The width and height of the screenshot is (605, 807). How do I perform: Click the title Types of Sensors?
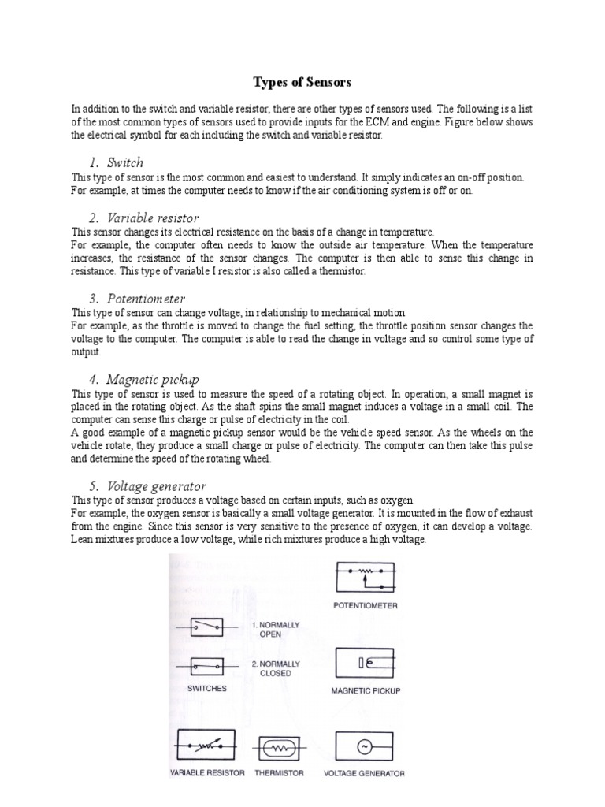tap(302, 82)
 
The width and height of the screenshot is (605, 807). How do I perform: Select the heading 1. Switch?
tap(116, 163)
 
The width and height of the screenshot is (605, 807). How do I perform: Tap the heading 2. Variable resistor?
tap(143, 218)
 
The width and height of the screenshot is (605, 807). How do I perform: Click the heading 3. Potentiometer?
tap(136, 299)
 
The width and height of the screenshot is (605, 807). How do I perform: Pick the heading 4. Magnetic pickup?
tap(143, 379)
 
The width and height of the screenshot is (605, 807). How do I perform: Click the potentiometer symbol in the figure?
tap(365, 578)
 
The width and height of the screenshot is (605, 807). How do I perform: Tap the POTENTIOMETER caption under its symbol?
tap(365, 606)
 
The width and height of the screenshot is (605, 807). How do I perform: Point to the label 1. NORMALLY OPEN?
tap(276, 629)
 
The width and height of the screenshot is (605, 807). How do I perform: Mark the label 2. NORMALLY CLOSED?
tap(276, 668)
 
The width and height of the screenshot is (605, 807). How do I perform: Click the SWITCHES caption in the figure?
tap(207, 688)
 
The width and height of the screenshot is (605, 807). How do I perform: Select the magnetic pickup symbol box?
tap(365, 664)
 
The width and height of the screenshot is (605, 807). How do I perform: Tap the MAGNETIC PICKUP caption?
tap(365, 691)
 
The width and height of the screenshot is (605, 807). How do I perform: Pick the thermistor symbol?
tap(278, 747)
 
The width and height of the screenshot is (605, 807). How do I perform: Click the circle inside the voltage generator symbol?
tap(365, 746)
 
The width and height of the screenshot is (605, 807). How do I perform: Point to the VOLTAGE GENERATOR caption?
tap(365, 773)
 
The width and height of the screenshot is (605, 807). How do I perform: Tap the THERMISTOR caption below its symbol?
tap(279, 773)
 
